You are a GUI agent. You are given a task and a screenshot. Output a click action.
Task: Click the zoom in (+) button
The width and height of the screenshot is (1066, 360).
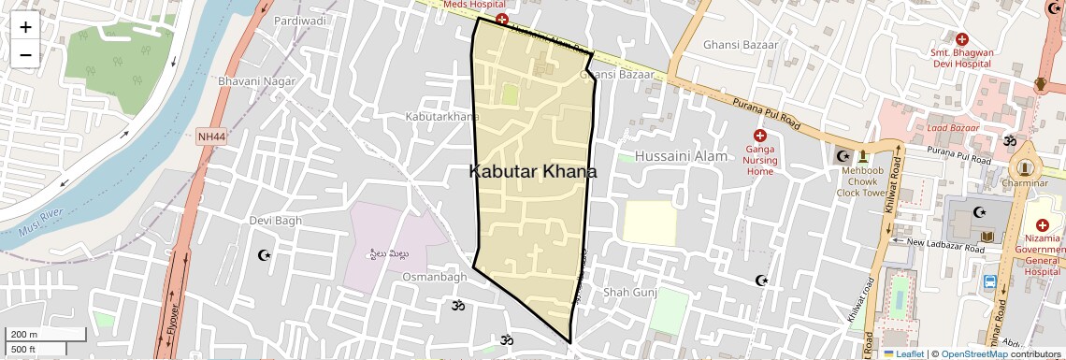click(x=25, y=26)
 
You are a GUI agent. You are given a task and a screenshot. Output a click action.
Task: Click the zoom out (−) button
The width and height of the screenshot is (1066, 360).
click(x=25, y=54)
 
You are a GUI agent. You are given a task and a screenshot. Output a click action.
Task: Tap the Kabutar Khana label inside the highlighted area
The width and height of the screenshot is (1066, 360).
click(x=532, y=172)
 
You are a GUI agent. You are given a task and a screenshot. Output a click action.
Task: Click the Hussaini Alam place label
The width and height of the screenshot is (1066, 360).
click(x=681, y=156)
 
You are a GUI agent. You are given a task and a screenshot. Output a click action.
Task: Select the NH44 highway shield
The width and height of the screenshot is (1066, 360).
click(x=211, y=137)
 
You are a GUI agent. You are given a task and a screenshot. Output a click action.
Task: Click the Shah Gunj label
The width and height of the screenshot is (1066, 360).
click(x=630, y=293)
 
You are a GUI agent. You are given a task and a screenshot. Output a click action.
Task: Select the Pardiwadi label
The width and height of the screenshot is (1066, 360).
click(x=300, y=20)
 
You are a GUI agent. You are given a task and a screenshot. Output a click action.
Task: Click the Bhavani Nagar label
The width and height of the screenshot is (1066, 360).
click(x=256, y=81)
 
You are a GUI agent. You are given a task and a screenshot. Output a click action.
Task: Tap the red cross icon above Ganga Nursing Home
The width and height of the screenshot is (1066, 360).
click(x=759, y=137)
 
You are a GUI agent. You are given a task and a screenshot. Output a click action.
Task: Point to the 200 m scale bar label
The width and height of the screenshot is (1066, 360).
click(x=24, y=335)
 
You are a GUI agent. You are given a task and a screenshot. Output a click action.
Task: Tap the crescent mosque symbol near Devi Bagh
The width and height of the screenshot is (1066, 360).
click(x=264, y=254)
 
